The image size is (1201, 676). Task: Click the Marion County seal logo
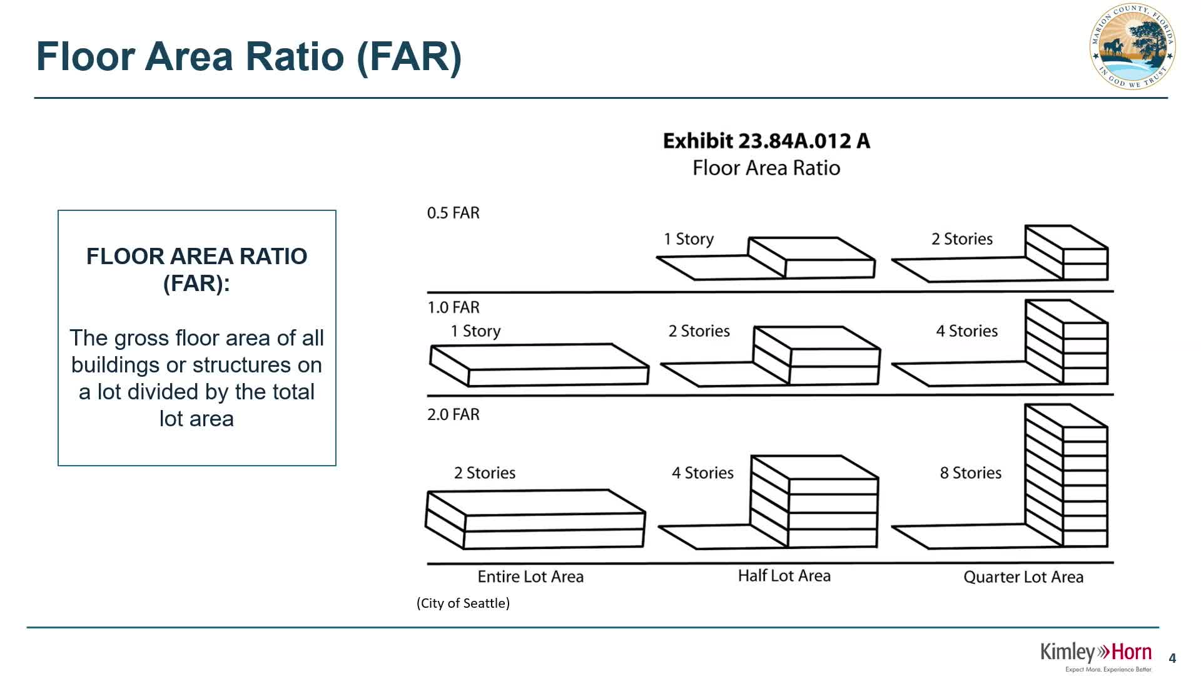pos(1132,46)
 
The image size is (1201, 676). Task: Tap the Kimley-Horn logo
pos(1095,653)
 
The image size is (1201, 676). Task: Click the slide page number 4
pos(1172,658)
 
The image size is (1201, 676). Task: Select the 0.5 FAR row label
pos(453,213)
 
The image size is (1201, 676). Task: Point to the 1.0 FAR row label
pos(453,307)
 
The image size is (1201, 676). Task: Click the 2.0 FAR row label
pos(453,414)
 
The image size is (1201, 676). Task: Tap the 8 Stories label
pos(970,473)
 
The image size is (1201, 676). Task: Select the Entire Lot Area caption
pos(530,576)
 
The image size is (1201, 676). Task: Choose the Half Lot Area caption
pos(784,576)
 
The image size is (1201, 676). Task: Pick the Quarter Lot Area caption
pos(1023,577)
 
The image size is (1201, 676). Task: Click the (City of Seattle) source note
pos(463,603)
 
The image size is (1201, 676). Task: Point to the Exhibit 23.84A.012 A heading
pos(766,141)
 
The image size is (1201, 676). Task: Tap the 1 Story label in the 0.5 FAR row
pos(688,239)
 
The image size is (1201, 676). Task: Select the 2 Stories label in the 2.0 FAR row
pos(485,473)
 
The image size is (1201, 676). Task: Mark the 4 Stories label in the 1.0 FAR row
pos(966,331)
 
